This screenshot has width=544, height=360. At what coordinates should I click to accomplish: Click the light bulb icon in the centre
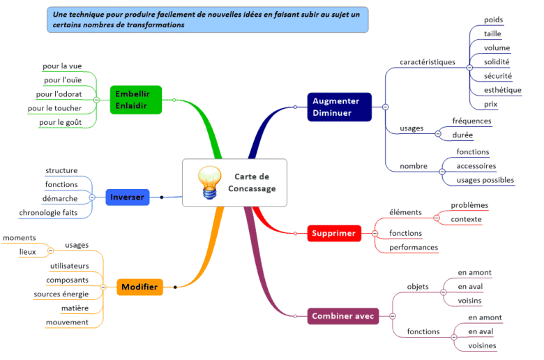[206, 183]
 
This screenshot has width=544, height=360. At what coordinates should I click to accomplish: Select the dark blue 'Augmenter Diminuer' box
[339, 107]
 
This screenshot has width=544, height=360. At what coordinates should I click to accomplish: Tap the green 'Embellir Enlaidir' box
[136, 99]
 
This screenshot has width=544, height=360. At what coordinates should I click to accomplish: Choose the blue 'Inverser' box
[127, 197]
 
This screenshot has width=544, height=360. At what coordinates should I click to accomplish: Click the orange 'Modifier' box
[139, 287]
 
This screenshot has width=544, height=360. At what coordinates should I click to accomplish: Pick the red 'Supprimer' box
[334, 233]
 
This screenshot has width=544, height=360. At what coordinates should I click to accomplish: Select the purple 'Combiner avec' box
[344, 316]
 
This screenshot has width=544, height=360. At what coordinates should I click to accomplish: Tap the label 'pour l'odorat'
[59, 94]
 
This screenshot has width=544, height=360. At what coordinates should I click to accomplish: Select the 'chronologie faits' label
[48, 212]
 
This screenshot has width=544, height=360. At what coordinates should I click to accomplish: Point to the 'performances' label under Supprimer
[414, 247]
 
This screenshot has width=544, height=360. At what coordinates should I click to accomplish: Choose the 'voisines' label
[482, 345]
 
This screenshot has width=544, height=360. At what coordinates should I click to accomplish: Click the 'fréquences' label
[471, 121]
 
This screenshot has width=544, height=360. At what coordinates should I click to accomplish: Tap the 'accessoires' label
[476, 166]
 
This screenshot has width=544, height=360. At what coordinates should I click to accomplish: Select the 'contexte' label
[466, 219]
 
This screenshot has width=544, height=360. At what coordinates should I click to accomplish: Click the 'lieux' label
[28, 251]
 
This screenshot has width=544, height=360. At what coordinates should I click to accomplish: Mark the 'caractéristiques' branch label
[428, 61]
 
